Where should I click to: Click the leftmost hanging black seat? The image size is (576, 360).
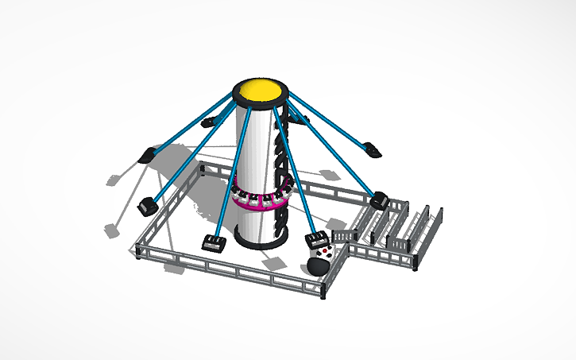coord(149,155)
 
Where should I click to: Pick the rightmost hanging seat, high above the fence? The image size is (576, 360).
coord(372,147)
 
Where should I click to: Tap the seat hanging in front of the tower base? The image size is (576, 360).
coord(213,243)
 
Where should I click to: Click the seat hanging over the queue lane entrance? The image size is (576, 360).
coord(380,199)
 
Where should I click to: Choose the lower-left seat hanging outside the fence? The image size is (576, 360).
coord(147,206)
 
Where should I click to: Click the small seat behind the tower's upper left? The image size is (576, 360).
coord(211,122)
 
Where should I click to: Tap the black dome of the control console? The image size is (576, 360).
coord(316,265)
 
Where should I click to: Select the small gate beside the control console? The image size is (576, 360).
coord(343,237)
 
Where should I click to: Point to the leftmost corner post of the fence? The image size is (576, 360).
coord(137,253)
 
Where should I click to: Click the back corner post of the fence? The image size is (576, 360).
coord(201,168)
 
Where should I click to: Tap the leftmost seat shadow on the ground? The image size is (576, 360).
coord(111,230)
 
